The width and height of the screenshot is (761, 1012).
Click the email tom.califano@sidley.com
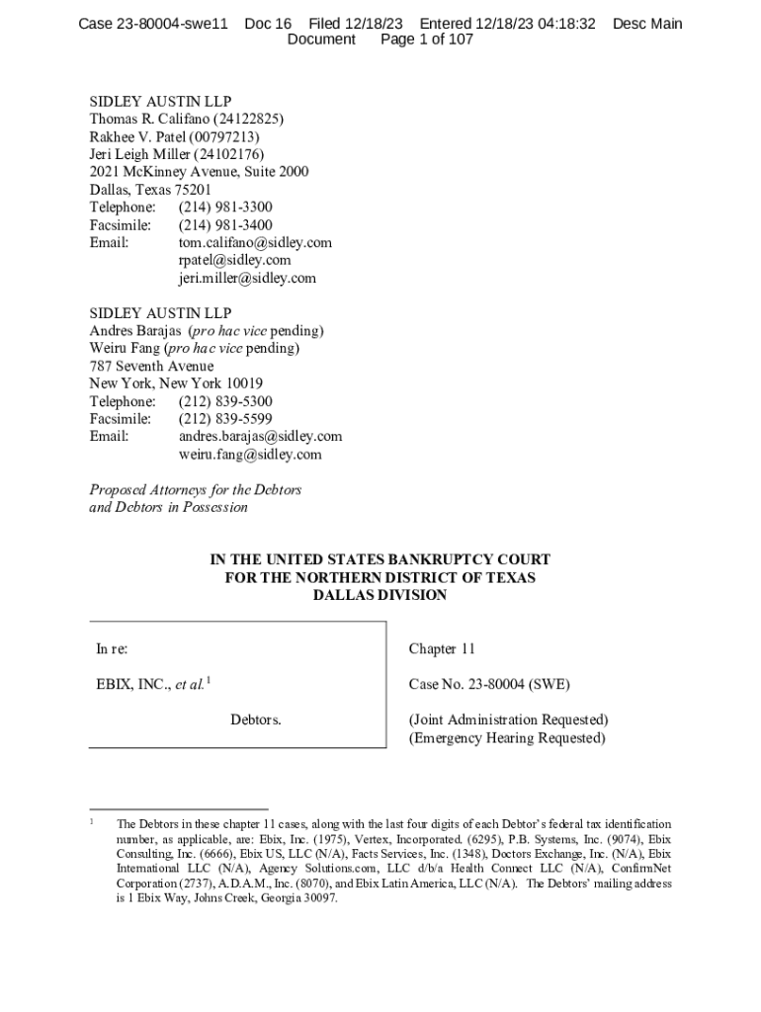tap(255, 242)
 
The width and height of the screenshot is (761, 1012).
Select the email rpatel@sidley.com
tap(234, 260)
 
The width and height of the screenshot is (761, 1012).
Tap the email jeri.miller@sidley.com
tap(247, 278)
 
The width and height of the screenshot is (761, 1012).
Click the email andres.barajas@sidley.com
tap(260, 436)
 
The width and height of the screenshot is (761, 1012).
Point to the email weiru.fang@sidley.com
tap(250, 455)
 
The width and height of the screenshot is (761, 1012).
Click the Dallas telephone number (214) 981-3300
tap(225, 207)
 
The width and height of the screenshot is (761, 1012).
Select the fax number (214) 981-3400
tap(225, 225)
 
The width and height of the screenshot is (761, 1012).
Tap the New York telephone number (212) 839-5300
tap(225, 401)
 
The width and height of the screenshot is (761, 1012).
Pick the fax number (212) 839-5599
tap(225, 419)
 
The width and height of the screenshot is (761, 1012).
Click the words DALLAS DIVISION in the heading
tap(380, 595)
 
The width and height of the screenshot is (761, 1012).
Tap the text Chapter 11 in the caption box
tap(442, 649)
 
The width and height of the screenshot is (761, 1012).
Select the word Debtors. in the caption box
tap(256, 719)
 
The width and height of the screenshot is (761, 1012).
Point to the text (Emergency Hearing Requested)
tap(507, 738)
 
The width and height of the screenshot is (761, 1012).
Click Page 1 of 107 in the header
tap(427, 40)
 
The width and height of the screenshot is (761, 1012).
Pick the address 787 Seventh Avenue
tap(151, 366)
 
